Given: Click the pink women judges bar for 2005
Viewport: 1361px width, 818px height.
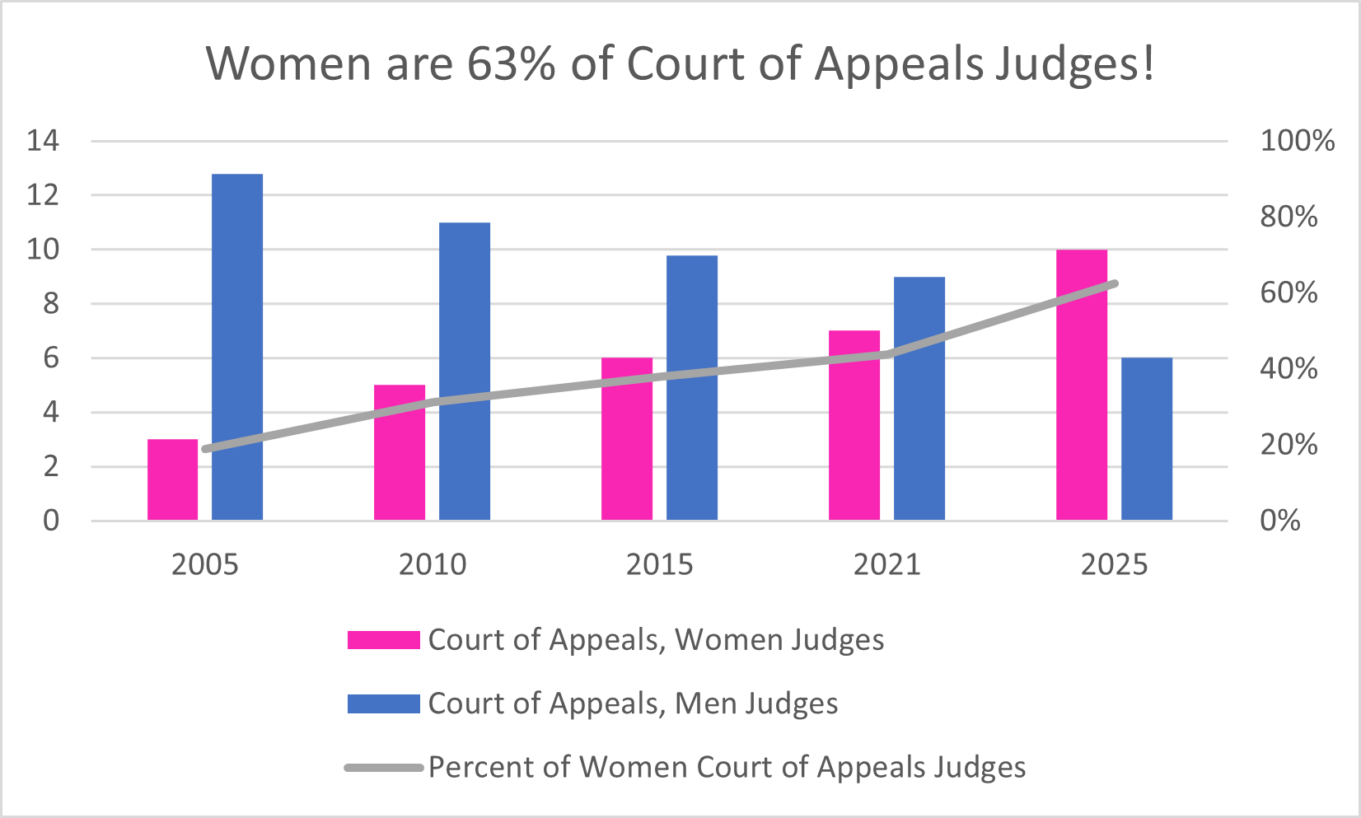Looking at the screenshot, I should click(x=173, y=479).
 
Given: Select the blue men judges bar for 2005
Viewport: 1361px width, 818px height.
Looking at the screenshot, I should click(x=237, y=347).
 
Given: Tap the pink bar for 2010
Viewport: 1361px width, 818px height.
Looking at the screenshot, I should click(x=400, y=452).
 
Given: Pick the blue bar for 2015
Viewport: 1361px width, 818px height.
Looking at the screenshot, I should click(x=692, y=387).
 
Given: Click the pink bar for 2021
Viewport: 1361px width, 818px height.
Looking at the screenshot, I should click(x=854, y=425).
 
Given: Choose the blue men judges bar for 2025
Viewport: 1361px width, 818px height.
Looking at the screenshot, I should click(x=1147, y=438).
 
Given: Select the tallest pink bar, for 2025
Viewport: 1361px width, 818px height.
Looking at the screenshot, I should click(x=1082, y=385).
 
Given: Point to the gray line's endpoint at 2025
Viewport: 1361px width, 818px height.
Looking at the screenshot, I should click(x=1114, y=283).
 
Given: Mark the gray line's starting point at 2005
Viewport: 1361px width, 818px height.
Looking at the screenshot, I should click(x=205, y=449).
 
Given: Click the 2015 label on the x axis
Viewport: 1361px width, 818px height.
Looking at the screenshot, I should click(x=659, y=565).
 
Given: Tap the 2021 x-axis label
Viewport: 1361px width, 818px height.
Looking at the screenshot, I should click(x=886, y=565).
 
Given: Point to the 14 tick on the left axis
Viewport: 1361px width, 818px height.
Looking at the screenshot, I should click(x=43, y=141).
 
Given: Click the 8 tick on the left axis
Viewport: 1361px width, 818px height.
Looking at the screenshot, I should click(x=51, y=304).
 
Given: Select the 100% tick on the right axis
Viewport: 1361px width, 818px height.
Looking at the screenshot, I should click(x=1297, y=141).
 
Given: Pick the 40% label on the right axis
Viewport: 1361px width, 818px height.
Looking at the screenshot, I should click(x=1289, y=368).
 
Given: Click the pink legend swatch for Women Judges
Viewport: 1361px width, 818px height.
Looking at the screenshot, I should click(x=383, y=640).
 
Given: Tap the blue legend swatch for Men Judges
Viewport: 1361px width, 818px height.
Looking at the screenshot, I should click(x=383, y=703).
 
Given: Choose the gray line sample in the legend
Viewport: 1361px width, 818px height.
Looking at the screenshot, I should click(x=383, y=768).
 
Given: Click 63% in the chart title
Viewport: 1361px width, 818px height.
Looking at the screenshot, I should click(x=511, y=63).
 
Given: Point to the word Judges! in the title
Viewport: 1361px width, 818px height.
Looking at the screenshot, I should click(x=1073, y=63).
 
